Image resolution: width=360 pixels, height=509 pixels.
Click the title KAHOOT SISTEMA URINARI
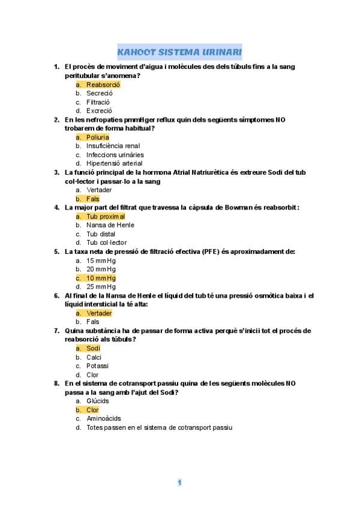(179, 52)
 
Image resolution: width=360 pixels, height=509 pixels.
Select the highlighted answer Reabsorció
(103, 85)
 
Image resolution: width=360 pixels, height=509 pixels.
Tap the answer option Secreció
(99, 93)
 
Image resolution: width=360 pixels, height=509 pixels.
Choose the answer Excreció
(99, 110)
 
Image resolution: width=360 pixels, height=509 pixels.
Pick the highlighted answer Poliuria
(98, 137)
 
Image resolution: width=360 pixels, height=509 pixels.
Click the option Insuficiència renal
(113, 146)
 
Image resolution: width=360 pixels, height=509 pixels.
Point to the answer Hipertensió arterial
(114, 163)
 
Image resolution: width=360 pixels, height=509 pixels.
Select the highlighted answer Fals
(92, 199)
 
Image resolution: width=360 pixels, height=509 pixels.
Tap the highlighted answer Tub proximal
(106, 216)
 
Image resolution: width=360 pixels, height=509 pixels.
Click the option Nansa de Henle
(110, 225)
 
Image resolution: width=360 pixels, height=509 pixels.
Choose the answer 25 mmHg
(101, 287)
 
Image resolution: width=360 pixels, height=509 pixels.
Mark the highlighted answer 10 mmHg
(101, 278)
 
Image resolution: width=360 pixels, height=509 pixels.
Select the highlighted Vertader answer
(99, 313)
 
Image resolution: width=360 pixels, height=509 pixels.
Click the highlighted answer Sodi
(93, 348)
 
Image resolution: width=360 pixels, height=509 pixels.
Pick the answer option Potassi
(98, 366)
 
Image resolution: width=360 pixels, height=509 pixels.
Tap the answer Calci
(94, 357)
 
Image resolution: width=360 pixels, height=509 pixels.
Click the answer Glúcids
(98, 401)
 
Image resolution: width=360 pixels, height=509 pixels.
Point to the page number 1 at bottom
(179, 482)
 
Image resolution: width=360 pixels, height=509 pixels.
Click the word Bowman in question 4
(243, 208)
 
